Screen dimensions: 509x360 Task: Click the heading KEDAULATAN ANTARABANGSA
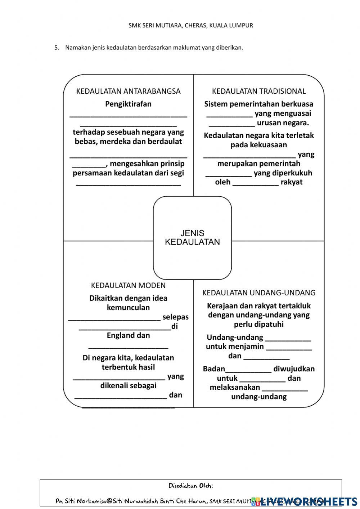pos(128,91)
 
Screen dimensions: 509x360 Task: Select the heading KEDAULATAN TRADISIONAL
pos(258,91)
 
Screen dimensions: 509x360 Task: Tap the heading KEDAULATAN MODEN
pos(128,285)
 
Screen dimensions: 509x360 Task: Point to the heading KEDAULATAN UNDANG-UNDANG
pos(258,293)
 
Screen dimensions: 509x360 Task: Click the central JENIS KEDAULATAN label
pos(192,238)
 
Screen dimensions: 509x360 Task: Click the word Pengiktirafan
pos(128,104)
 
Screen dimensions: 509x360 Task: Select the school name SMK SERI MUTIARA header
pos(190,25)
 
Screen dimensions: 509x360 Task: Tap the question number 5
pos(56,48)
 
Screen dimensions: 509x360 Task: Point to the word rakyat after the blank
pos(291,182)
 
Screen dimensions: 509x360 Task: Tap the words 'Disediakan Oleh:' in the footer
pos(190,486)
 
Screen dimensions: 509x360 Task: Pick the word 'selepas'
pos(175,317)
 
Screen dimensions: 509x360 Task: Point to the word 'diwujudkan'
pos(294,369)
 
